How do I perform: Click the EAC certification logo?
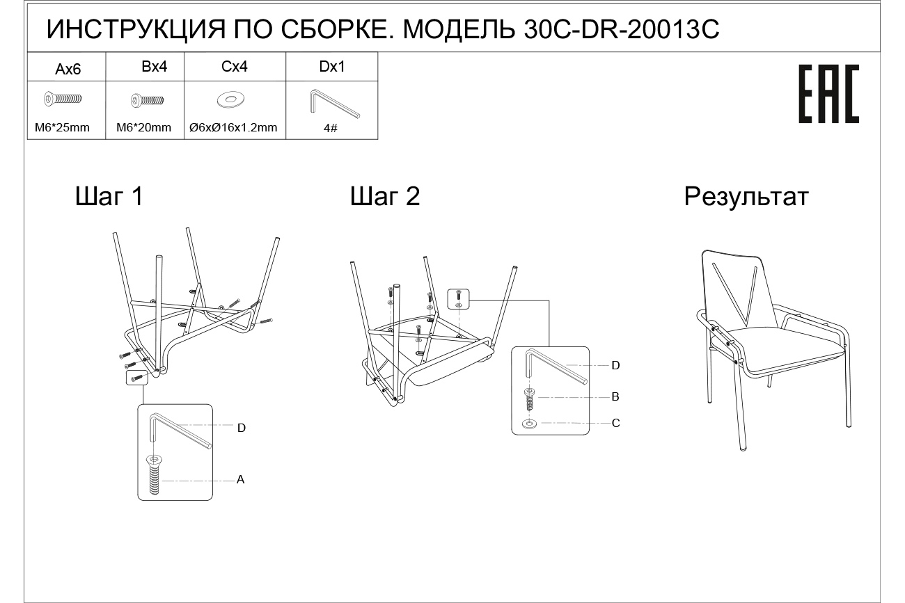pyautogui.click(x=828, y=94)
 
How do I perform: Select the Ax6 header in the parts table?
pyautogui.click(x=68, y=69)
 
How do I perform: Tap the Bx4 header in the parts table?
pyautogui.click(x=154, y=67)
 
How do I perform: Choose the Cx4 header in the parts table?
pyautogui.click(x=235, y=67)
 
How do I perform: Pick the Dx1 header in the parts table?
pyautogui.click(x=332, y=67)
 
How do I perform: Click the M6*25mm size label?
pyautogui.click(x=62, y=127)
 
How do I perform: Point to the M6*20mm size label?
pyautogui.click(x=143, y=127)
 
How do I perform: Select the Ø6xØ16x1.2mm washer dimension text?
pyautogui.click(x=233, y=127)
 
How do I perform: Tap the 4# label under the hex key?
pyautogui.click(x=331, y=128)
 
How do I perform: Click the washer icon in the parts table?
pyautogui.click(x=228, y=100)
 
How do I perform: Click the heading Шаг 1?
pyautogui.click(x=109, y=197)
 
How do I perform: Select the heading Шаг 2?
pyautogui.click(x=385, y=197)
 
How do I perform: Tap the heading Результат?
pyautogui.click(x=746, y=197)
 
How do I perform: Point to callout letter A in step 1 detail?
pyautogui.click(x=240, y=480)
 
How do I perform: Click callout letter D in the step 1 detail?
pyautogui.click(x=242, y=428)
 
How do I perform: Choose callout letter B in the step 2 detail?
pyautogui.click(x=615, y=397)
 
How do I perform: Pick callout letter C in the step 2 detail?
pyautogui.click(x=615, y=423)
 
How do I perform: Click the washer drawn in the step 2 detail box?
pyautogui.click(x=530, y=423)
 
